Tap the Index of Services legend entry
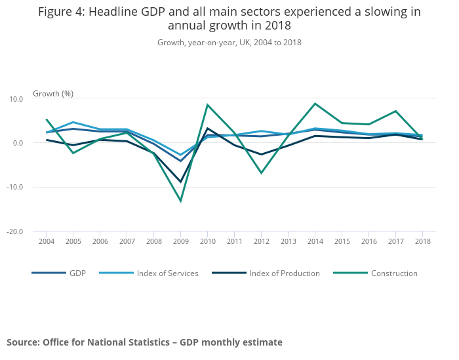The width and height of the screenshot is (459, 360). (167, 273)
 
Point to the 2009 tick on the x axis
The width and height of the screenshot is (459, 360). (180, 242)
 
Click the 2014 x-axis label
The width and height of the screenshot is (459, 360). (315, 242)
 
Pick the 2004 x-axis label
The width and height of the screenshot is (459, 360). (46, 242)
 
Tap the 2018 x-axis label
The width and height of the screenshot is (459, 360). (422, 242)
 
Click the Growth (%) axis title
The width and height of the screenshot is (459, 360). (53, 94)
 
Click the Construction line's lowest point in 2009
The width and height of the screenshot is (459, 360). (180, 201)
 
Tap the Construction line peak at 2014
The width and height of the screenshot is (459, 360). (315, 104)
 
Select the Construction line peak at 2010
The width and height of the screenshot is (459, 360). (207, 105)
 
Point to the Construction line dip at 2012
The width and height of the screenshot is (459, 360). (261, 173)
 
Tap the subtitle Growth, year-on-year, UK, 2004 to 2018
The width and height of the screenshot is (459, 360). (229, 43)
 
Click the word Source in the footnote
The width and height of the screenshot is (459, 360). (22, 342)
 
